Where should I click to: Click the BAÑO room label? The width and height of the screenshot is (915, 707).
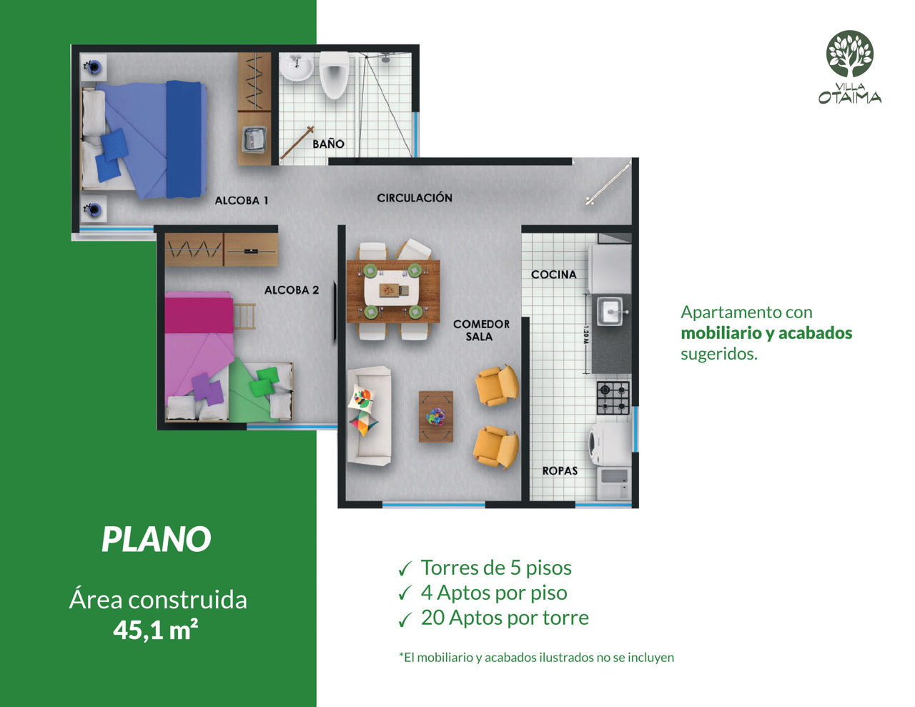click(328, 144)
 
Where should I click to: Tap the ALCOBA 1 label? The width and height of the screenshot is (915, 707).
click(242, 200)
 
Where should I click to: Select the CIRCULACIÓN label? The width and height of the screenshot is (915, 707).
click(415, 197)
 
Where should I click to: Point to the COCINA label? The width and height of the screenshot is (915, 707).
click(554, 275)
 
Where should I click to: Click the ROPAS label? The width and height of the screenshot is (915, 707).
click(560, 471)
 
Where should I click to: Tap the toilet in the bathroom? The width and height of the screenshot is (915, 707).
click(334, 75)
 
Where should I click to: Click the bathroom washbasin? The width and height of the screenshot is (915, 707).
click(297, 66)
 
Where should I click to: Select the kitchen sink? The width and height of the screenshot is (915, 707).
click(610, 311)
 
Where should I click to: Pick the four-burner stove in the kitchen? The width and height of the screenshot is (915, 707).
click(613, 398)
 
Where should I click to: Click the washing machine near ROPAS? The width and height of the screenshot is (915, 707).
click(610, 444)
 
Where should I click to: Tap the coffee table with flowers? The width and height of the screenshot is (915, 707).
click(436, 417)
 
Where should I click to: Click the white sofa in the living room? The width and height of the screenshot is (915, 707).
click(370, 416)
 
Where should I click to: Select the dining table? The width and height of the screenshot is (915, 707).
click(393, 292)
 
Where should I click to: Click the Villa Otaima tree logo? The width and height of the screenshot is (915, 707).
click(849, 54)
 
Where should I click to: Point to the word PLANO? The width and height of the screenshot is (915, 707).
click(157, 539)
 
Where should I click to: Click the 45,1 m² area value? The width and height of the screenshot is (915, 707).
click(156, 631)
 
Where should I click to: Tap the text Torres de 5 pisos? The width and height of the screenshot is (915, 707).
click(496, 568)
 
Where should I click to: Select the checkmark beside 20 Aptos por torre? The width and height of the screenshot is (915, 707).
click(405, 620)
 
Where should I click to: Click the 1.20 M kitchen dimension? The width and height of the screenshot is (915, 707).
click(585, 335)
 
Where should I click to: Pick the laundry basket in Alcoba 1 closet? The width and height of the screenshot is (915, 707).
click(254, 139)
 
